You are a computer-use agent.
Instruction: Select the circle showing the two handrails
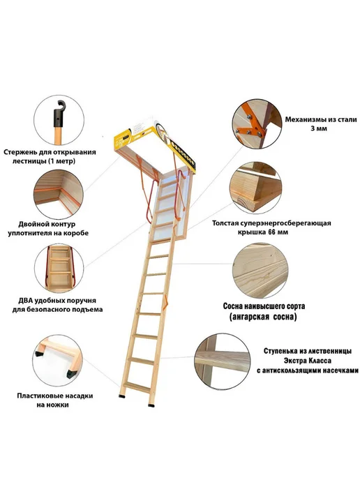tap(59, 269)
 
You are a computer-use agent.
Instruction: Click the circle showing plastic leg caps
tap(58, 360)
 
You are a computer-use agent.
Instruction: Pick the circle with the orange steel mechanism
tap(257, 123)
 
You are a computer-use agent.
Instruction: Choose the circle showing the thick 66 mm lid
tap(255, 188)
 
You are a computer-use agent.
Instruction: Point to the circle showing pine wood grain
tap(260, 271)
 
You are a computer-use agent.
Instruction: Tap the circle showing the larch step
tap(223, 361)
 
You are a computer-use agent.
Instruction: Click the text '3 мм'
tap(319, 128)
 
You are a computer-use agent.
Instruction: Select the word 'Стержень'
tap(20, 153)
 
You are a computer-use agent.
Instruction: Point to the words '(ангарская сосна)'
tap(263, 317)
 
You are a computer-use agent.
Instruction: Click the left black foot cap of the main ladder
tap(123, 396)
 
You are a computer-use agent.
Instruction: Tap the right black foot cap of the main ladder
tap(151, 405)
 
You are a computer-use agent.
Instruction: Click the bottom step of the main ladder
tap(137, 387)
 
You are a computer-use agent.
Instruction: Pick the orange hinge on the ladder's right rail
tap(166, 301)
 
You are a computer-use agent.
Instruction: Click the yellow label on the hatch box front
tap(123, 140)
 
